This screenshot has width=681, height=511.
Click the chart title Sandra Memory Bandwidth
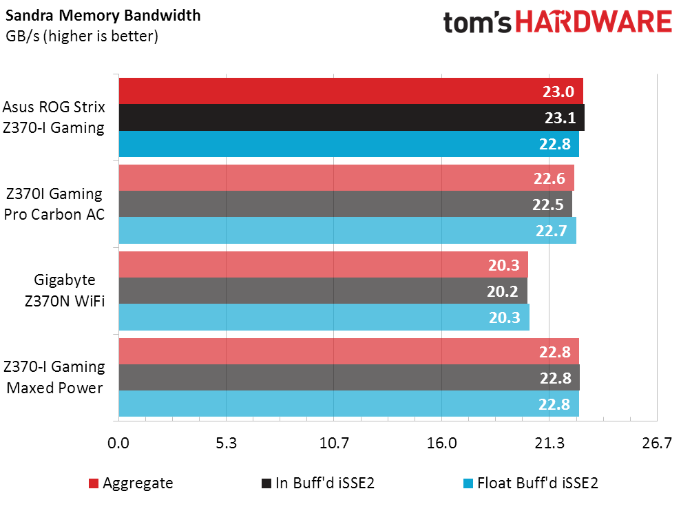[103, 16]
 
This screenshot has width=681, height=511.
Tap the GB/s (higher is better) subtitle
[82, 36]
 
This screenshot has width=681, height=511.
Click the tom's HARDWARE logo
[558, 22]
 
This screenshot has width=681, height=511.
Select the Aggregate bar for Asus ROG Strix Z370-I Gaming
[351, 91]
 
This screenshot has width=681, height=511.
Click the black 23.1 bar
[352, 117]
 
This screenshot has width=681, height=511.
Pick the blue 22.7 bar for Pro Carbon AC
[348, 230]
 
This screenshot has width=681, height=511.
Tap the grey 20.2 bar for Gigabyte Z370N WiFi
[323, 291]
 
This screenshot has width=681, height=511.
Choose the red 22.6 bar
[346, 178]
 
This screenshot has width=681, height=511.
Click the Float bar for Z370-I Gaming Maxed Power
[348, 404]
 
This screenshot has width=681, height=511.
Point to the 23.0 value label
[558, 92]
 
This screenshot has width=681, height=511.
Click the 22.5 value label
[547, 205]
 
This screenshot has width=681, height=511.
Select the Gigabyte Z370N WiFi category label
[65, 290]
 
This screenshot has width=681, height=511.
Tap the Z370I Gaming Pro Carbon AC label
[54, 204]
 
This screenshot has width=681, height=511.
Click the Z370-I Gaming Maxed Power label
[54, 377]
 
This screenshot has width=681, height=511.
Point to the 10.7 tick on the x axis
[334, 443]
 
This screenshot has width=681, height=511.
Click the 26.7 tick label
[657, 443]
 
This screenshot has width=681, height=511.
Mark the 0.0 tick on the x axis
[118, 443]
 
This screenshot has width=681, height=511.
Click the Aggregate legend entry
[131, 483]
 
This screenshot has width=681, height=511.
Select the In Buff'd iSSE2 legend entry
[318, 483]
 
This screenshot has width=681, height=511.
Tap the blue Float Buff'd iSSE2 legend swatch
[468, 483]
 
